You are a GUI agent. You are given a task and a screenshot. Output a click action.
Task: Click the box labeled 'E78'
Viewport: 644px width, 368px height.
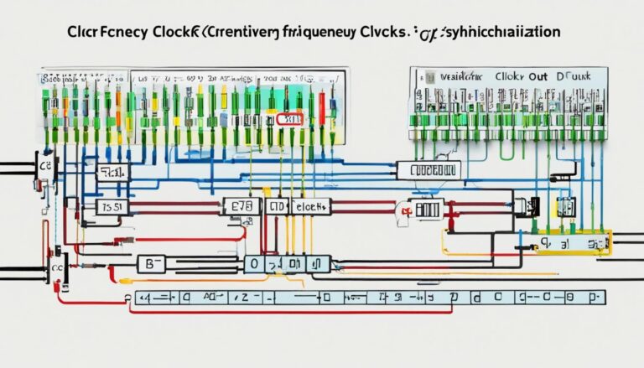pyautogui.click(x=241, y=205)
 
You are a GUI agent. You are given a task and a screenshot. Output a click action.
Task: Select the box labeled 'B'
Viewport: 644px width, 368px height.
pyautogui.click(x=153, y=264)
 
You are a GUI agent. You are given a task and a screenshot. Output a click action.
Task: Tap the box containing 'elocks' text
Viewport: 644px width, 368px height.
pyautogui.click(x=309, y=205)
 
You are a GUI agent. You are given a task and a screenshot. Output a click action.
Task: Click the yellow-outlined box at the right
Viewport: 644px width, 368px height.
pyautogui.click(x=574, y=243)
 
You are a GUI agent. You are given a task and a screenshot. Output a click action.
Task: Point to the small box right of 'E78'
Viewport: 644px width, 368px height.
pyautogui.click(x=275, y=205)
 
